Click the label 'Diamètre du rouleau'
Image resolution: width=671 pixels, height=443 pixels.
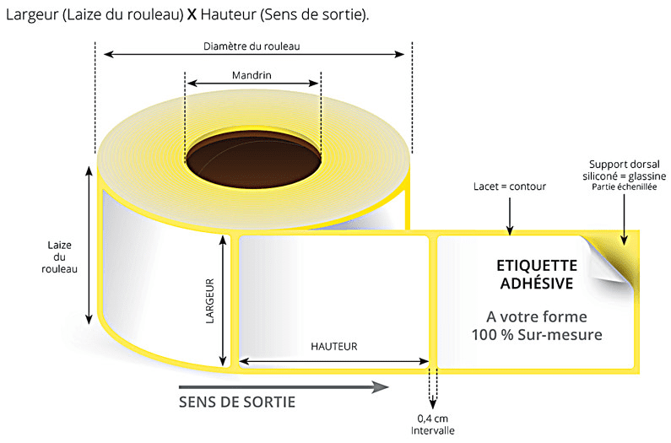pyautogui.click(x=252, y=46)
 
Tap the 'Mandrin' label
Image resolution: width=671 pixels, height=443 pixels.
pyautogui.click(x=252, y=75)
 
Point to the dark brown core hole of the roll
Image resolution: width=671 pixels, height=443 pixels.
pyautogui.click(x=254, y=159)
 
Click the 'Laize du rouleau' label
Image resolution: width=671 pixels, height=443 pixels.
pyautogui.click(x=59, y=257)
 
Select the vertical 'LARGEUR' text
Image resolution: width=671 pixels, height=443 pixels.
pyautogui.click(x=209, y=301)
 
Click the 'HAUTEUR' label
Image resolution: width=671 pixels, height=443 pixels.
pyautogui.click(x=333, y=346)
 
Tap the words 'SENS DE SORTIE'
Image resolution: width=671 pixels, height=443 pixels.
pyautogui.click(x=237, y=402)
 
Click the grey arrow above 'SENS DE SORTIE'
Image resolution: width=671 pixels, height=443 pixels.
pyautogui.click(x=284, y=387)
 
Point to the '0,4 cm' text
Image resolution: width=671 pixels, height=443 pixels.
pyautogui.click(x=433, y=419)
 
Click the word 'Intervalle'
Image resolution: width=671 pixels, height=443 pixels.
pyautogui.click(x=433, y=430)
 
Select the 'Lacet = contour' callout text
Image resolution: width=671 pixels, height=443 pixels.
pyautogui.click(x=510, y=186)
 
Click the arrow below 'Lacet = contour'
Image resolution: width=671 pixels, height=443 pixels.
pyautogui.click(x=510, y=216)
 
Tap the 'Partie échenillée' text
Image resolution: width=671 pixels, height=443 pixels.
pyautogui.click(x=624, y=186)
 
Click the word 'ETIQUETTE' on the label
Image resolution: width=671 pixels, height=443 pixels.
pyautogui.click(x=537, y=266)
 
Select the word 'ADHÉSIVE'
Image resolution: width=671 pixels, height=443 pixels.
pyautogui.click(x=537, y=283)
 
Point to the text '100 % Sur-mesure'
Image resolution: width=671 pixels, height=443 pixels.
pyautogui.click(x=537, y=335)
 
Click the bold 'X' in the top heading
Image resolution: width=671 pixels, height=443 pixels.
pyautogui.click(x=192, y=15)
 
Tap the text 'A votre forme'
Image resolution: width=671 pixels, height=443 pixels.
pyautogui.click(x=537, y=316)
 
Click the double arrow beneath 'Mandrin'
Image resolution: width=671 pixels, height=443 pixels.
pyautogui.click(x=253, y=83)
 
